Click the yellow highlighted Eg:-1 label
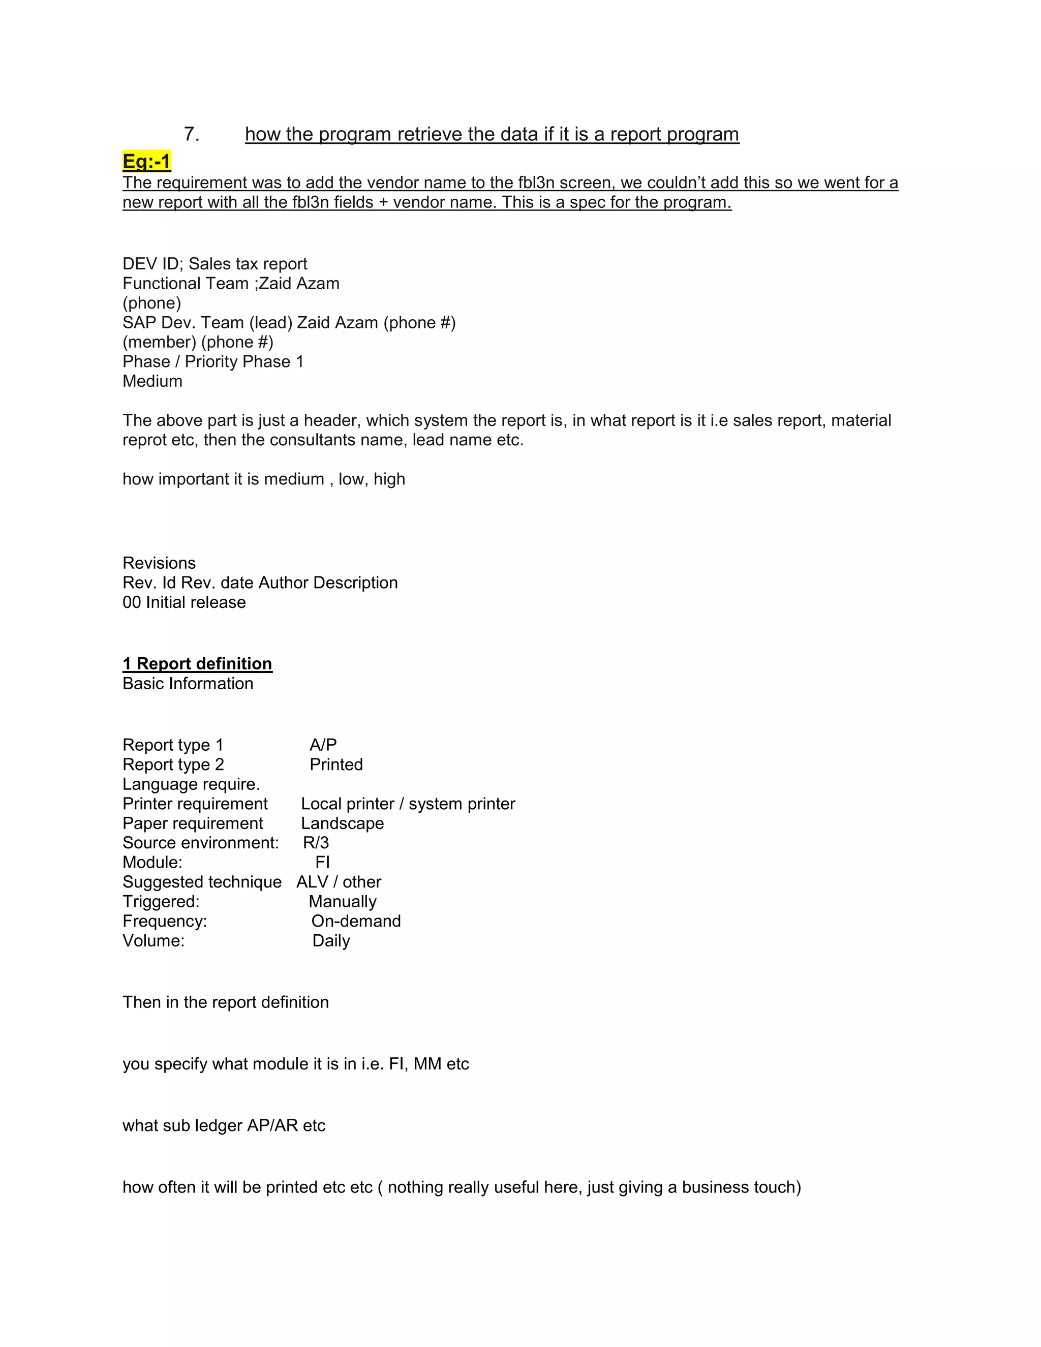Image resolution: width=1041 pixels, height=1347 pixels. [147, 161]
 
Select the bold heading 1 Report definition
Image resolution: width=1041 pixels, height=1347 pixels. [197, 664]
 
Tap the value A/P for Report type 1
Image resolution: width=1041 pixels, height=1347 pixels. [323, 745]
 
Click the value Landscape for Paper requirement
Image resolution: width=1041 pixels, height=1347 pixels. [342, 823]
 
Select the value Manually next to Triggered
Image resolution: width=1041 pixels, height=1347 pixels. [342, 902]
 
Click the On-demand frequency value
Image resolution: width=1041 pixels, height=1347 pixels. [356, 921]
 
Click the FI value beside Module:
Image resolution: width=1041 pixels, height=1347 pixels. [323, 862]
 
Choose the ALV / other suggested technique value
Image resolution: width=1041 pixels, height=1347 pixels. [339, 882]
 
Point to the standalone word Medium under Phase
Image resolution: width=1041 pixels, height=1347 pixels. [152, 381]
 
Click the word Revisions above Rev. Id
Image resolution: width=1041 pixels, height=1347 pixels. [159, 563]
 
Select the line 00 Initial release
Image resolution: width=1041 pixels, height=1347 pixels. [184, 602]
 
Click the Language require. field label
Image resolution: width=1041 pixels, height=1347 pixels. [191, 784]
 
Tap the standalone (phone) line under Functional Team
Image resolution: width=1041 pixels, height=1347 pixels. [151, 303]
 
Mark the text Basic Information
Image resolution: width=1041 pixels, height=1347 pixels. [188, 683]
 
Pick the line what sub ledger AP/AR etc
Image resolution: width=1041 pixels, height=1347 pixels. [224, 1125]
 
